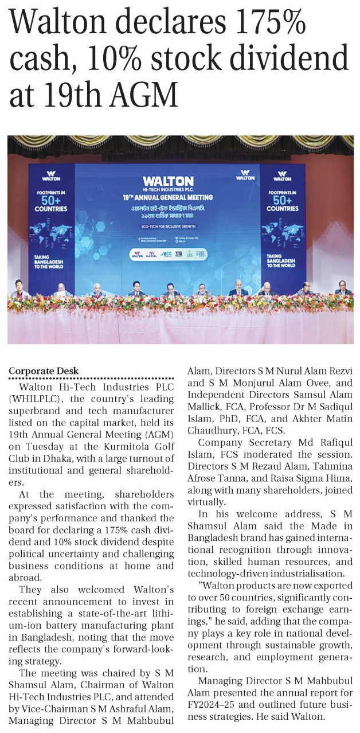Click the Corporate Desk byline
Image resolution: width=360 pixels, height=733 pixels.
44,371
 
